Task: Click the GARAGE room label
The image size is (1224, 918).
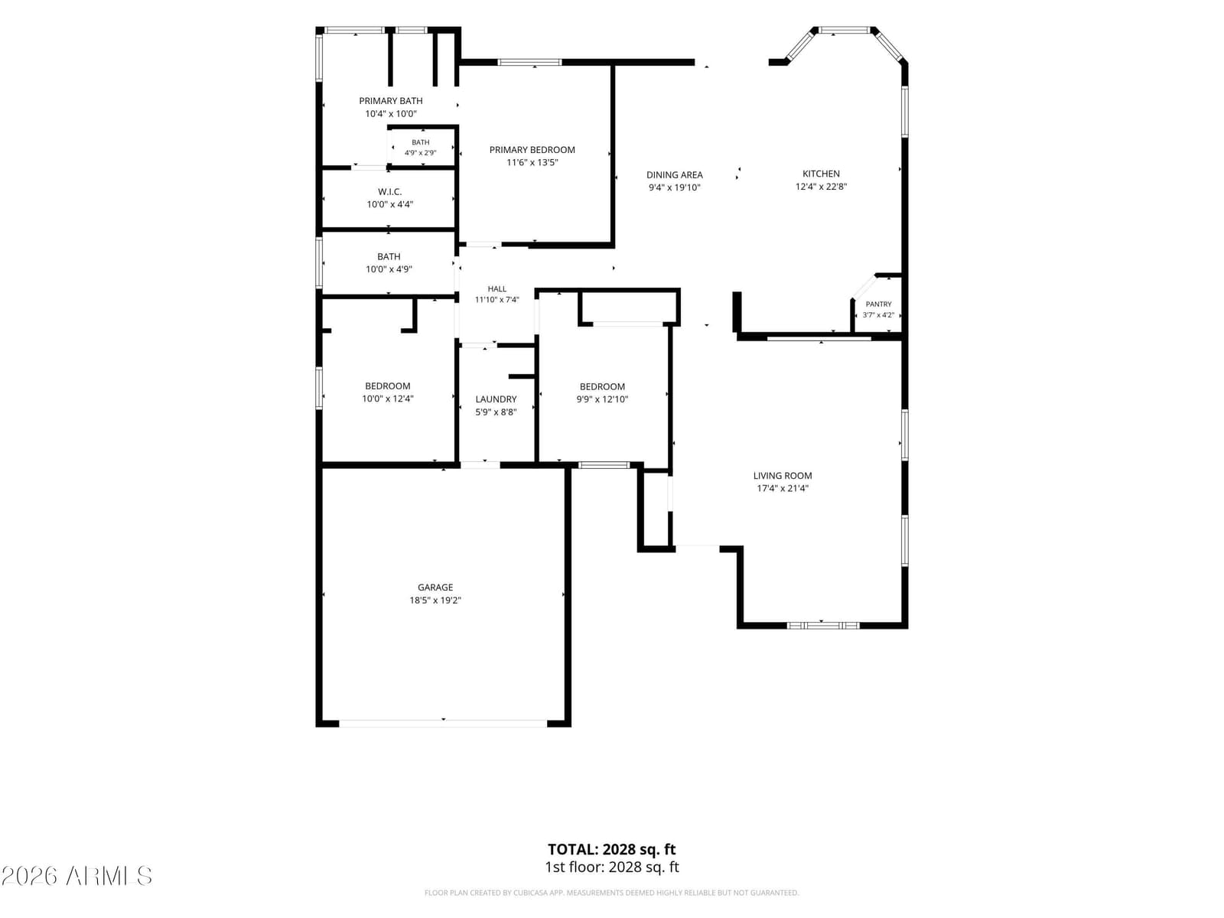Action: pos(435,587)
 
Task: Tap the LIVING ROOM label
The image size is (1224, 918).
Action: pos(783,475)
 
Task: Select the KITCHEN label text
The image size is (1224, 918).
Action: pos(821,174)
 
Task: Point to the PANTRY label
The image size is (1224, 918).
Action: pos(878,304)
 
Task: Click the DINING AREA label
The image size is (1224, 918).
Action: pos(674,175)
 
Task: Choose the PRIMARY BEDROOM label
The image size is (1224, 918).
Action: pos(532,150)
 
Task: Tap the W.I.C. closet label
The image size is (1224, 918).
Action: pos(390,192)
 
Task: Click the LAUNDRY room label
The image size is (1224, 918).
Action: pos(496,399)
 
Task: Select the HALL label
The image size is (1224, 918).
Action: pos(496,288)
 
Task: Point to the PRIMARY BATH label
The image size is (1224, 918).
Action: pos(390,101)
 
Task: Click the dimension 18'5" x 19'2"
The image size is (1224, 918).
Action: pos(435,601)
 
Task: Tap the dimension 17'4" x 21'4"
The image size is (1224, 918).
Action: pos(783,488)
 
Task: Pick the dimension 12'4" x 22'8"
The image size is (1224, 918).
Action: pos(821,187)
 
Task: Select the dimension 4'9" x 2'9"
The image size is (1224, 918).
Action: pos(421,153)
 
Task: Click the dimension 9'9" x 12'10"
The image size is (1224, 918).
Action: pos(602,399)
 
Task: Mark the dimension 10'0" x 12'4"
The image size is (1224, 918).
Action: pos(388,399)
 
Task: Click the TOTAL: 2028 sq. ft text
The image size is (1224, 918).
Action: pos(612,849)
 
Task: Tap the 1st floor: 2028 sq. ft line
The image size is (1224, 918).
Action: pos(612,868)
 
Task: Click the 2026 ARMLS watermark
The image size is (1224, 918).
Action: pos(76,876)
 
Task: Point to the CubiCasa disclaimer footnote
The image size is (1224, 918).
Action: pos(612,893)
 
